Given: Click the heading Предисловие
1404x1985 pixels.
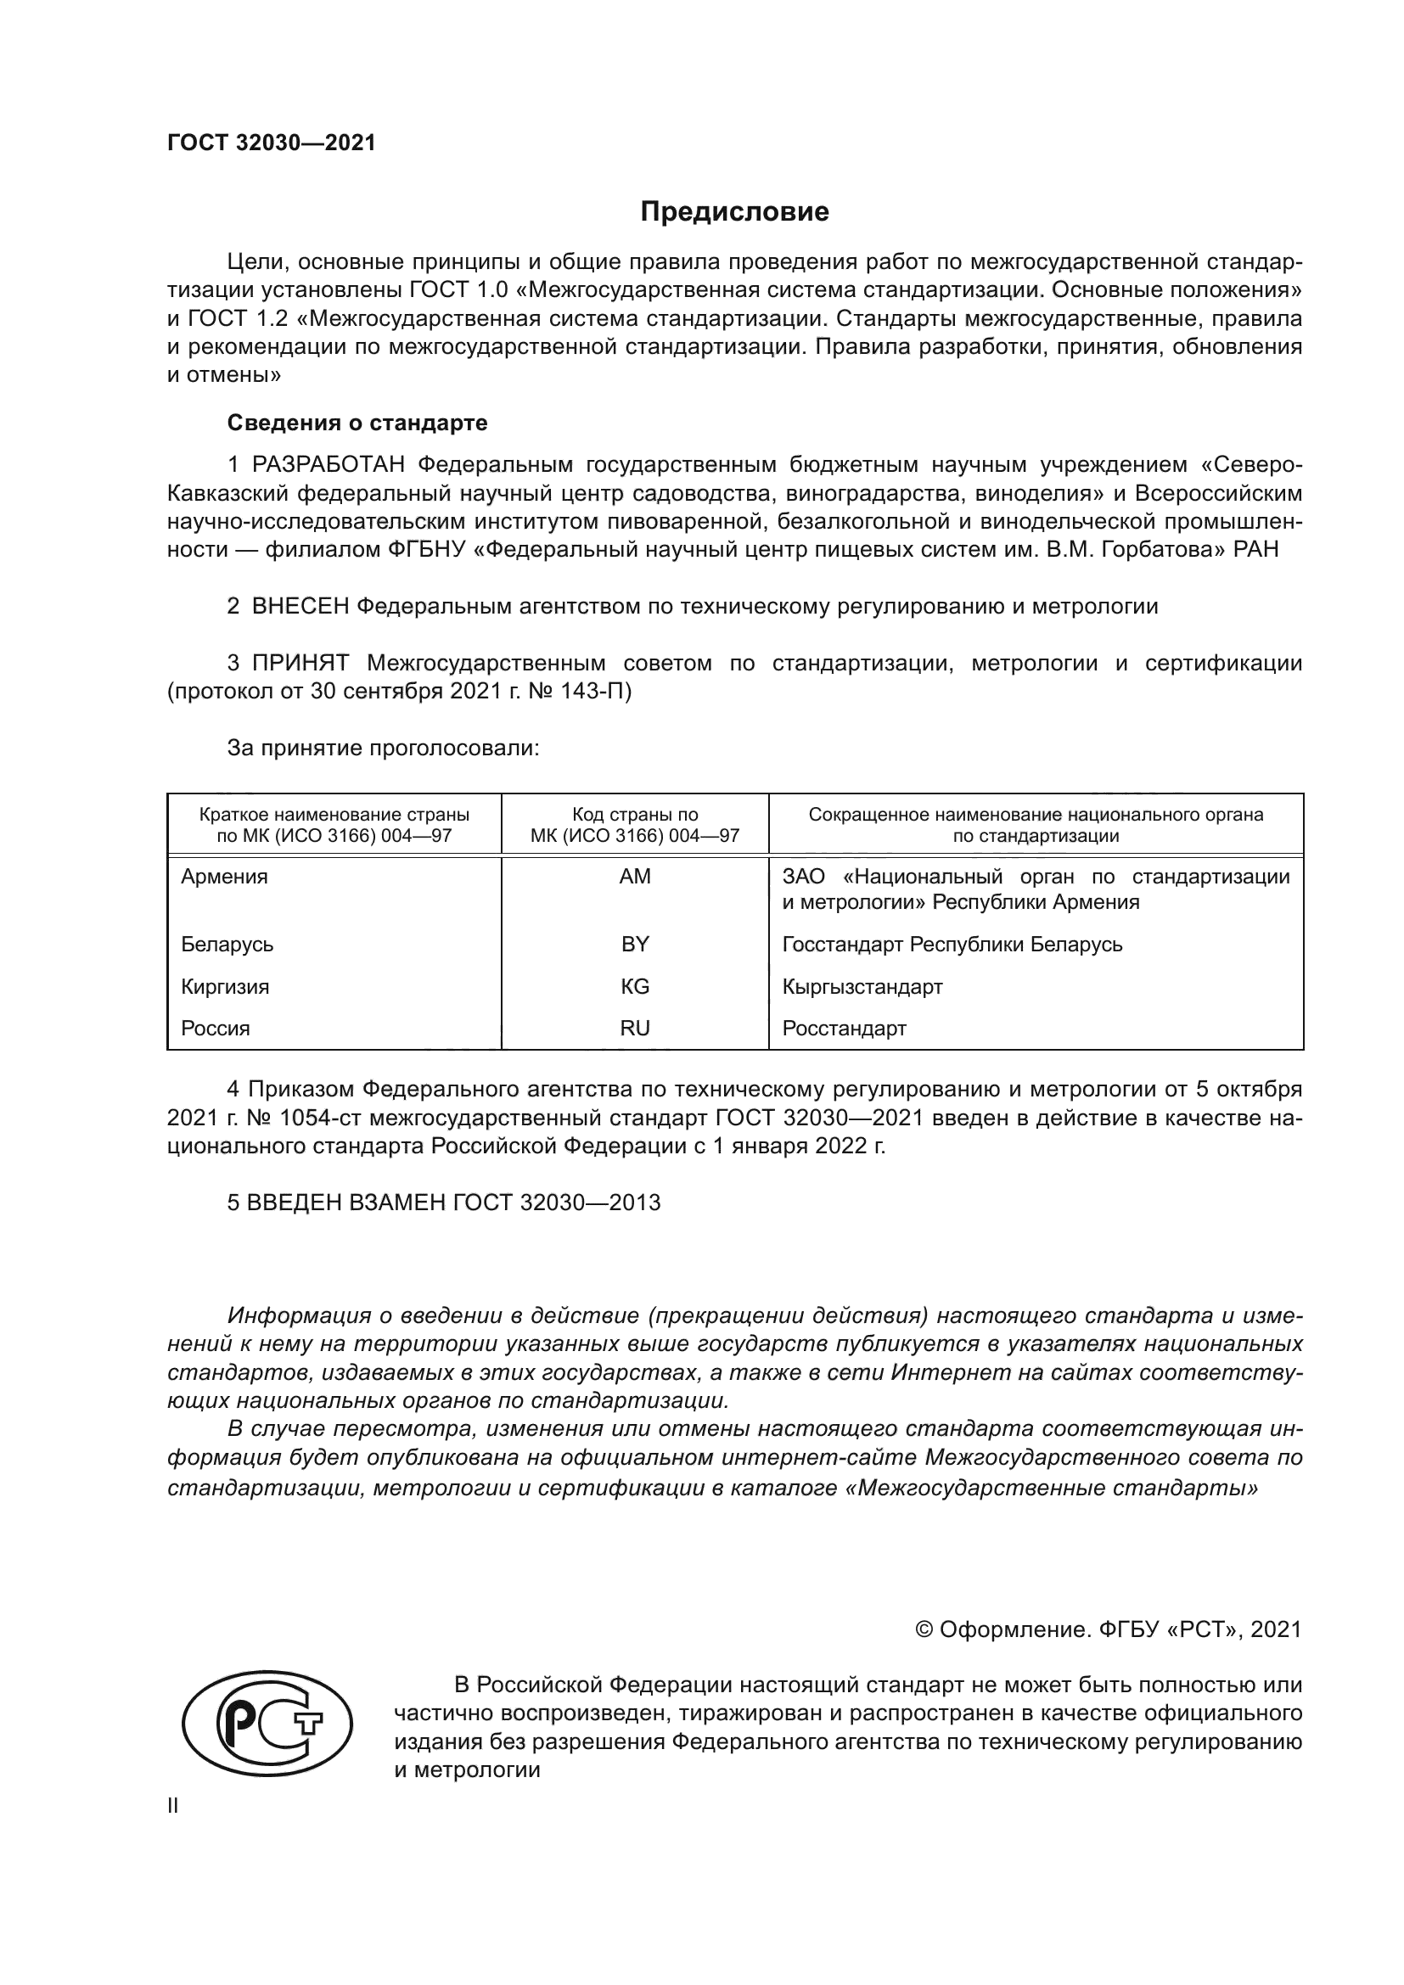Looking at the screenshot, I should click(734, 212).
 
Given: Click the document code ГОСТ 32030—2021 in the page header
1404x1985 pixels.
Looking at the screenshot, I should click(272, 143).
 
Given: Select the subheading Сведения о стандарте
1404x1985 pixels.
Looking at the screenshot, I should click(357, 423).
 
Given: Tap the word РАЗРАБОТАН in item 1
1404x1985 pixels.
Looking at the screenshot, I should click(329, 465).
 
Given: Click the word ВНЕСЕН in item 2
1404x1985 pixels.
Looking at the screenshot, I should click(300, 606).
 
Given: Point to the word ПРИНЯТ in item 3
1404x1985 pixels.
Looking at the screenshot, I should click(300, 663).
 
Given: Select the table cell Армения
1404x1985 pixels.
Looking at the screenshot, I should click(225, 877).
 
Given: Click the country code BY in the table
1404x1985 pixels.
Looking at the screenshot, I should click(635, 944).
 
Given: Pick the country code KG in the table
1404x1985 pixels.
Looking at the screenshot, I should click(635, 986).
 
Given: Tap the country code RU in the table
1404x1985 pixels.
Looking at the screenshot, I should click(635, 1028).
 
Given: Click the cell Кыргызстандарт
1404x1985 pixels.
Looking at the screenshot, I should click(862, 986).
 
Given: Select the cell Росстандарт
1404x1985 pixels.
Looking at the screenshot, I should click(844, 1028).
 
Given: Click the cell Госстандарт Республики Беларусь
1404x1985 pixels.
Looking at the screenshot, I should click(952, 944).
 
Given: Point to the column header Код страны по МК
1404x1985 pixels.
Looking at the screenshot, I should click(635, 825).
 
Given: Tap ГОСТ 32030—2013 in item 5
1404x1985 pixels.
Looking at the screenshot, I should click(556, 1203).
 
